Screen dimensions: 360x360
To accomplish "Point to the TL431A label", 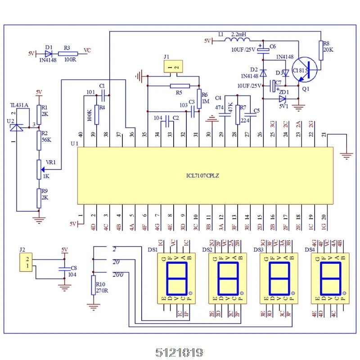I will coord(19,105).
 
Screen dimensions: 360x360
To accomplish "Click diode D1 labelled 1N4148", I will coord(49,53).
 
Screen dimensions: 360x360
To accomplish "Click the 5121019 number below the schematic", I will coord(180,352).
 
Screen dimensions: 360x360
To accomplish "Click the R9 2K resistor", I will coord(39,197).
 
